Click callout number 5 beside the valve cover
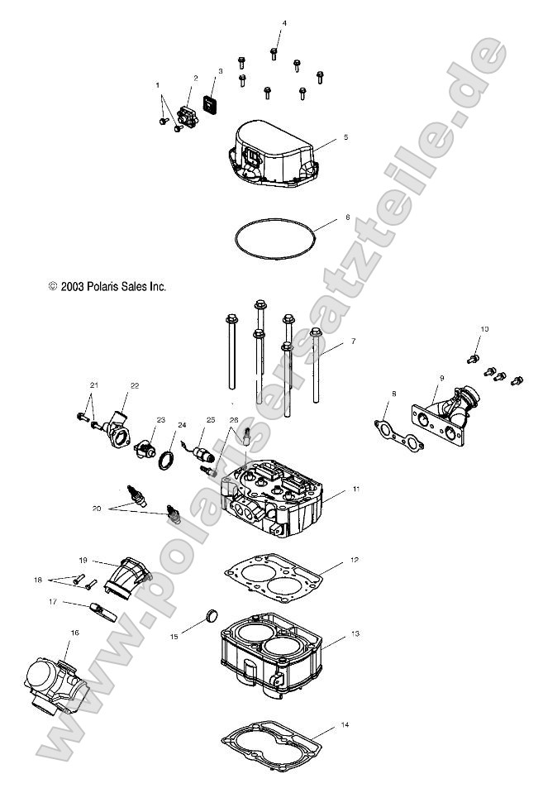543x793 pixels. pyautogui.click(x=345, y=136)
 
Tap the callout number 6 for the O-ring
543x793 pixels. pyautogui.click(x=347, y=217)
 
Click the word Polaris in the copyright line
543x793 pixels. pyautogui.click(x=103, y=286)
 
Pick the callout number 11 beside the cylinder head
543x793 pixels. pyautogui.click(x=355, y=490)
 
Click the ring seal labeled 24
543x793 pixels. pyautogui.click(x=166, y=459)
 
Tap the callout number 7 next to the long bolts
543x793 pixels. pyautogui.click(x=353, y=341)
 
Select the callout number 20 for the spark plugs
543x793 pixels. pyautogui.click(x=98, y=510)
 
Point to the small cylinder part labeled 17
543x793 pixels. pyautogui.click(x=103, y=615)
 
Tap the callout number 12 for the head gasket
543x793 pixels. pyautogui.click(x=354, y=560)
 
